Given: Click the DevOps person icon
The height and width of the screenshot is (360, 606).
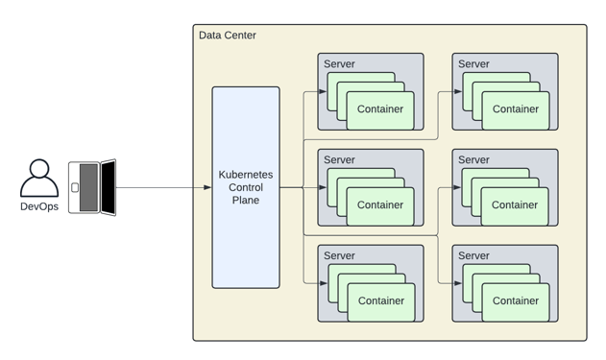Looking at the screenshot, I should click(39, 179).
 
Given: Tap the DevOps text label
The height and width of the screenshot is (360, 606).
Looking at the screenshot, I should click(39, 206).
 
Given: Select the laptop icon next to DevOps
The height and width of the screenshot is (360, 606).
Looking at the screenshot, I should click(92, 187).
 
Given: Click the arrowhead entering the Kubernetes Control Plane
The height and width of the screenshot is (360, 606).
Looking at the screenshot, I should click(207, 187).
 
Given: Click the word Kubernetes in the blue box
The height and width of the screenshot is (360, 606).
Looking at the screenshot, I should click(246, 175).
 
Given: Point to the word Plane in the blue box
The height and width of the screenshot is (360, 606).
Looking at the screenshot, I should click(246, 201).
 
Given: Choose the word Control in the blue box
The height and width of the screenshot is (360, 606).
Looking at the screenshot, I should click(246, 187).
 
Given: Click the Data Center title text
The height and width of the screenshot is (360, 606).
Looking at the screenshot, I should click(228, 36).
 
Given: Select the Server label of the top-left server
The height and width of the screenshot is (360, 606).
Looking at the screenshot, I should click(339, 64).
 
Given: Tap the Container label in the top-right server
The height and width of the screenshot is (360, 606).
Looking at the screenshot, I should click(516, 109).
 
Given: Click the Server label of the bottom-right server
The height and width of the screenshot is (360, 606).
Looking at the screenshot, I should click(473, 256).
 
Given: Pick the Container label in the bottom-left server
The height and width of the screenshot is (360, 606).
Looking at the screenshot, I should click(380, 300).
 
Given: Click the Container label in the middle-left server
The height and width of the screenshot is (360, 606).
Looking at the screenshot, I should click(380, 204).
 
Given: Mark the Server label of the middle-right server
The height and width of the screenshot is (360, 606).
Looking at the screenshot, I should click(473, 160).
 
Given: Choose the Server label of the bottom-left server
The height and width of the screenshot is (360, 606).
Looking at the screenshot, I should click(339, 256).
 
